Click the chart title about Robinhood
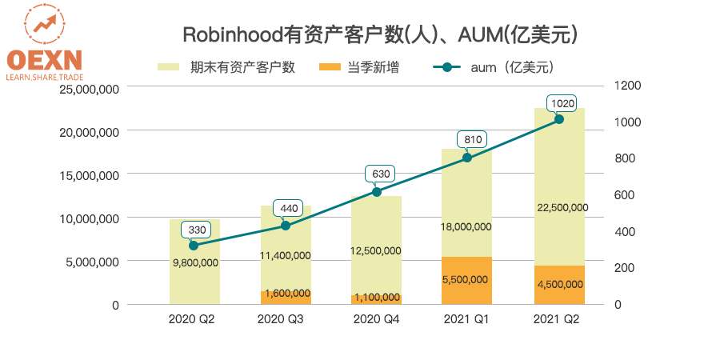pyautogui.click(x=380, y=34)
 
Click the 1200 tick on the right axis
pyautogui.click(x=628, y=85)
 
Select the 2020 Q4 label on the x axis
pyautogui.click(x=375, y=318)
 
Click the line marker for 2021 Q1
pyautogui.click(x=467, y=158)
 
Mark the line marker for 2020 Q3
pyautogui.click(x=286, y=226)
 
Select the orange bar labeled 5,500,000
pyautogui.click(x=466, y=280)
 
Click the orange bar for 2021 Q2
pyautogui.click(x=559, y=285)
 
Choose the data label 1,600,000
pyautogui.click(x=286, y=294)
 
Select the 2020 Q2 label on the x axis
pyautogui.click(x=192, y=318)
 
